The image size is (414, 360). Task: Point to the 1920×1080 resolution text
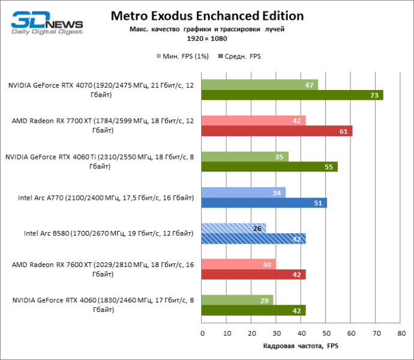pos(206,38)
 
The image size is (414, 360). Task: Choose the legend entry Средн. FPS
pos(242,56)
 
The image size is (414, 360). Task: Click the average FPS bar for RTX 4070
pos(292,95)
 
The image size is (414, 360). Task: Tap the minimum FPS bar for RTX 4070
pos(260,85)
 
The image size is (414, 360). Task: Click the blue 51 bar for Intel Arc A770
pos(265,203)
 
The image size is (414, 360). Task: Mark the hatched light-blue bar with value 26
pos(234,229)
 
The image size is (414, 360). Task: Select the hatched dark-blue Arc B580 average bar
pos(254,238)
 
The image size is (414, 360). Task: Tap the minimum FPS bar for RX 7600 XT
pos(239,265)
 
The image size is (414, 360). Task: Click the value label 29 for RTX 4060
pos(262,300)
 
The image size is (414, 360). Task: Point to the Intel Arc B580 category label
pos(109,233)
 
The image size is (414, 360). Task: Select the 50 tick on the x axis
pos(326,332)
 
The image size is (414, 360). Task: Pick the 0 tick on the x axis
pos(202,332)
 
